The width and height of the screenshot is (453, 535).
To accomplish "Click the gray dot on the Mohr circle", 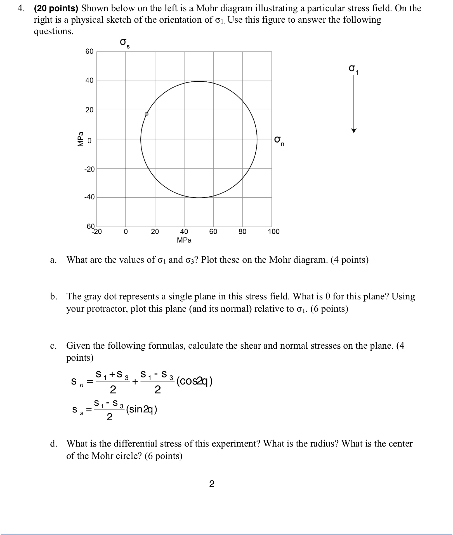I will point(147,114).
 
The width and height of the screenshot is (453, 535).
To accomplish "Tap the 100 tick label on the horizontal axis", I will point(273,232).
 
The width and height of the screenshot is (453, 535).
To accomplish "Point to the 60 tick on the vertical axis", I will point(89,51).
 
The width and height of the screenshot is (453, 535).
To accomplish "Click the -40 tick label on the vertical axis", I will point(89,197).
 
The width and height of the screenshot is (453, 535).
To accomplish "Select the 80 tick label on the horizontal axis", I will point(242,232).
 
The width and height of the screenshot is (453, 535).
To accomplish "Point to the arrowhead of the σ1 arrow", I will point(354,131).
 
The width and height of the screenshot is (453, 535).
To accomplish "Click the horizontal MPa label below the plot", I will point(184,240).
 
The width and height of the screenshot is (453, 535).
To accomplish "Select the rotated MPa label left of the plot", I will point(81,139).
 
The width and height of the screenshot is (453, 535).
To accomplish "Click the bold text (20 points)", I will point(56,8).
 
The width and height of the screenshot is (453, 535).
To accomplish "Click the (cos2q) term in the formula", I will point(195,381).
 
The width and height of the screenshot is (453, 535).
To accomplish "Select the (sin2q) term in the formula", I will point(141,409).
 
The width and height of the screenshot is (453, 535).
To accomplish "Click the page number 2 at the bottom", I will point(212,484).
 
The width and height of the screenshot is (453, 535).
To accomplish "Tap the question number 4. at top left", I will point(21,8).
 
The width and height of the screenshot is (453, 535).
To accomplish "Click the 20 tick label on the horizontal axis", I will point(155,232).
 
